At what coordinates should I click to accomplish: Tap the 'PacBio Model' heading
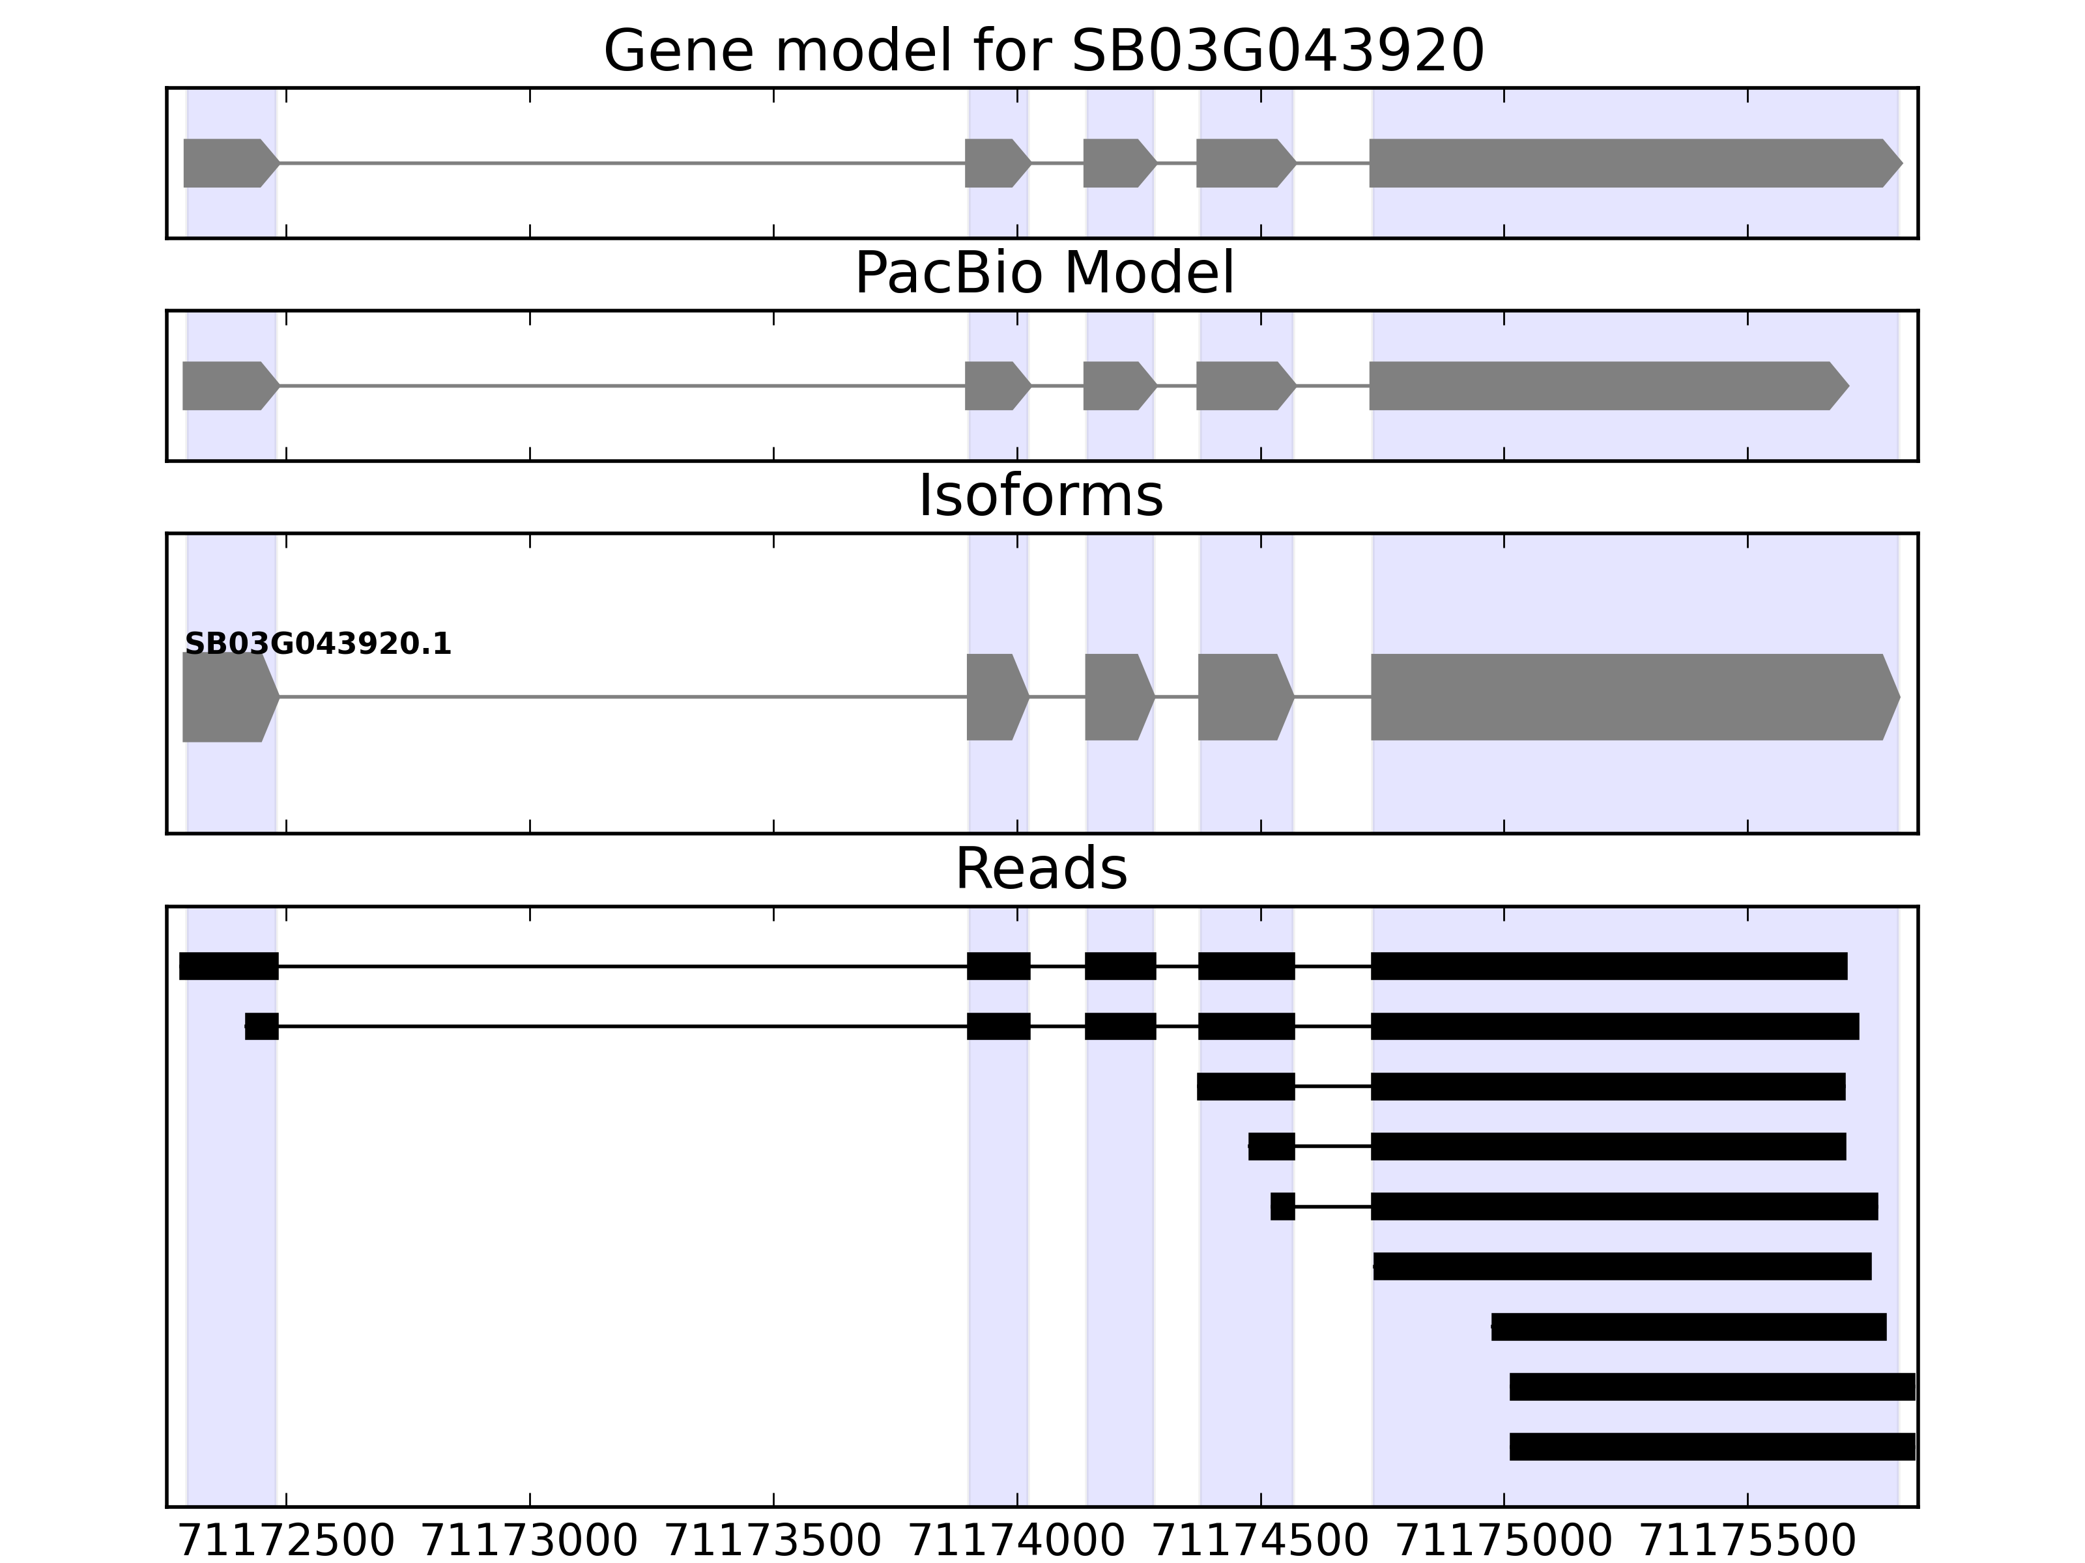tap(1043, 274)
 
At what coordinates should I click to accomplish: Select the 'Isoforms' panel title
tap(1041, 496)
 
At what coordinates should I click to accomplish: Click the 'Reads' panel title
tap(1041, 869)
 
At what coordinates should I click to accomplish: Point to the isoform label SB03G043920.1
tap(318, 645)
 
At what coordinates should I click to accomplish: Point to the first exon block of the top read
tap(229, 966)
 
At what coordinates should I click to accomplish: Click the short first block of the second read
tap(262, 1026)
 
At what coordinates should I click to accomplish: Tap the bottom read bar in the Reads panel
tap(1712, 1446)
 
